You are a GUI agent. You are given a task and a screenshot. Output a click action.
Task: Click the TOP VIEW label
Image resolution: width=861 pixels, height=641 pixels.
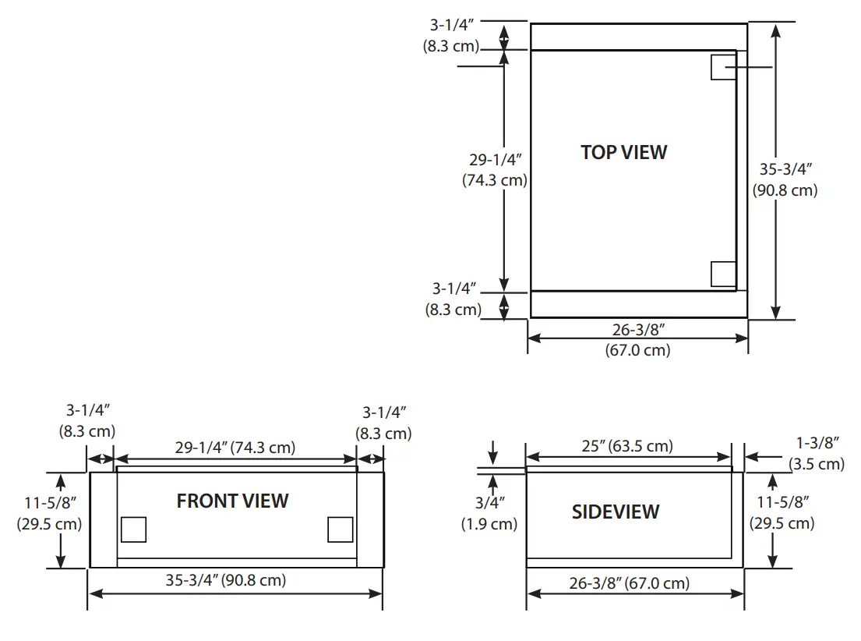pos(623,152)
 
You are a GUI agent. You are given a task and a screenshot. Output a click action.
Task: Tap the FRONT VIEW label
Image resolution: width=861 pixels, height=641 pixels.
pos(232,501)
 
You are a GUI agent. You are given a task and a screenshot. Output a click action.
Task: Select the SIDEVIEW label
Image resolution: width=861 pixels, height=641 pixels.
pos(616,512)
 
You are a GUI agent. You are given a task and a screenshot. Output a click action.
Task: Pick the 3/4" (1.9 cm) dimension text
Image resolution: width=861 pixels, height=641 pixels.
pos(489,513)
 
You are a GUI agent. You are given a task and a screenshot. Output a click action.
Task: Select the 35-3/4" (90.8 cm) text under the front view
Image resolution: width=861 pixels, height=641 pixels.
pos(225,580)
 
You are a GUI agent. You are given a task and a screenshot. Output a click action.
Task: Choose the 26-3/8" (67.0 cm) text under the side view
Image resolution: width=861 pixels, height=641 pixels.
pos(629,583)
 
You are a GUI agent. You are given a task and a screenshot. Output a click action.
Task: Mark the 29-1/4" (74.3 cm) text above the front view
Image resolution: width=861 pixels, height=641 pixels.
pos(235,448)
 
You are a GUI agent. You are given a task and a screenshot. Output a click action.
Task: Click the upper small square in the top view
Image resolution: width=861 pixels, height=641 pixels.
pos(723,67)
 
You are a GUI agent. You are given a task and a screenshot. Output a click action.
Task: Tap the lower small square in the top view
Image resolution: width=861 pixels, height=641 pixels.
pos(724,274)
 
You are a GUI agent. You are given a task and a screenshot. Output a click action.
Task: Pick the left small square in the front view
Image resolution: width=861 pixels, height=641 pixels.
pos(133,529)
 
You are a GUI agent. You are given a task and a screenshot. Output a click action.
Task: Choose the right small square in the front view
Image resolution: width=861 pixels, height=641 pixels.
pos(341,529)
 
